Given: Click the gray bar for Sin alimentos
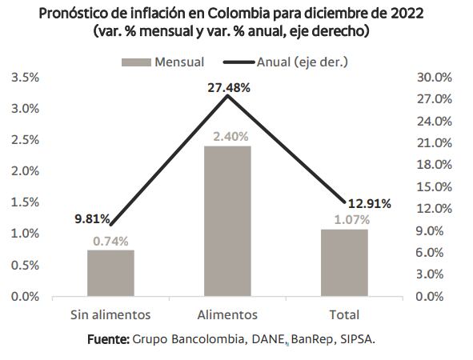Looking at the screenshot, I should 110,273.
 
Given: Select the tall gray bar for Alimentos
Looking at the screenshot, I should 227,221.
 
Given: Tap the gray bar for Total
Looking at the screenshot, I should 343,262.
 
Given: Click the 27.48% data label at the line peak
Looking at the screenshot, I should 228,88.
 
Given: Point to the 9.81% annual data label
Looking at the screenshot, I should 92,218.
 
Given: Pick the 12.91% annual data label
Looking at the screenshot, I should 368,203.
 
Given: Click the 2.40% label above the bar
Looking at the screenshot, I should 231,136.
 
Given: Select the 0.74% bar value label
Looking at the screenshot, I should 110,240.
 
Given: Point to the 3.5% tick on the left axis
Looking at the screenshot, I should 26,78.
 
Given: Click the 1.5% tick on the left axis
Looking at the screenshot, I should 26,202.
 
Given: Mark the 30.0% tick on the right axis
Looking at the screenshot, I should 435,78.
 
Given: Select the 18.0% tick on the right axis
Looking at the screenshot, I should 435,165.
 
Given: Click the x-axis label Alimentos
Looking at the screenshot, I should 227,314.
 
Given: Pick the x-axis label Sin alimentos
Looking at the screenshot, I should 110,314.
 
